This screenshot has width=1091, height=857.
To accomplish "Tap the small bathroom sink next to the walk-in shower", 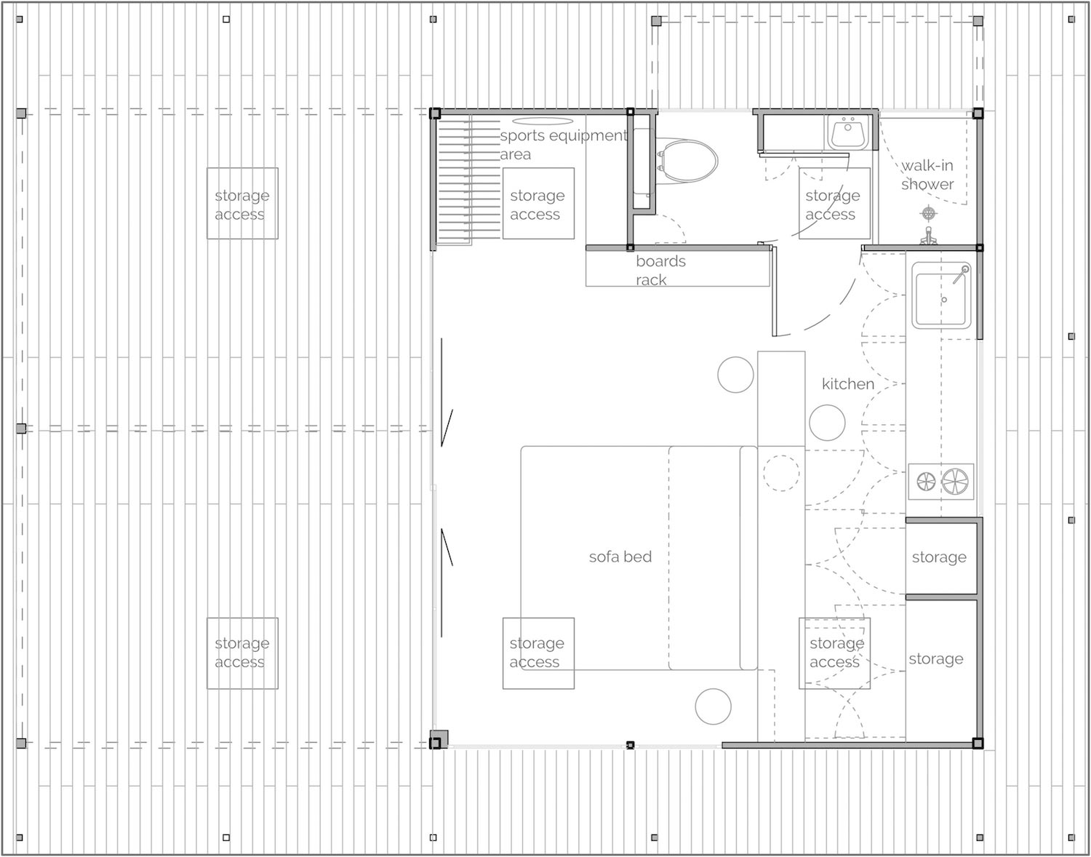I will coord(847,133).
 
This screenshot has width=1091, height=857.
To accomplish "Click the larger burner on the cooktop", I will coord(955,482).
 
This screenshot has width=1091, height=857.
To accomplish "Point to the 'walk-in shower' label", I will coord(927,175).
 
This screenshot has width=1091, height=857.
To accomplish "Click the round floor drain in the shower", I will coord(929,212).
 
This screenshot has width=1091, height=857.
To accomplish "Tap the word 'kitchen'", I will coord(847,383).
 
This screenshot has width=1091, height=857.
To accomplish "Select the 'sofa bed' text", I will coord(620,557).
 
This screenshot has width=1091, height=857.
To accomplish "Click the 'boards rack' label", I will coord(660,270).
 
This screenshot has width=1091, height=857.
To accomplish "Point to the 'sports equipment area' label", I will coord(562,144).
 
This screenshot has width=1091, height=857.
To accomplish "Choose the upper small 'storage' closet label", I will coord(939,557).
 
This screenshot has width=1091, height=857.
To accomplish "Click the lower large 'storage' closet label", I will coord(936,658).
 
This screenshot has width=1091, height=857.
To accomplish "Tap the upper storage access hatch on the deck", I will coord(242,204).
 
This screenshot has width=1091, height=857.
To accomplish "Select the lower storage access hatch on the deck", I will coord(242,653).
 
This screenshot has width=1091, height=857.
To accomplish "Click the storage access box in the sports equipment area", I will coord(538,204).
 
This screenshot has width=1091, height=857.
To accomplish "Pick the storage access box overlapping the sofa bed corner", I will coord(538,653).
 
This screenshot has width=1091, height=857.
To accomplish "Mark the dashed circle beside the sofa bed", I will coord(781,473).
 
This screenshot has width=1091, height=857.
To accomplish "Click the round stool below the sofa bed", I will coord(713,706).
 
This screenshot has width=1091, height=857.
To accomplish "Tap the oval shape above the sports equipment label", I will coord(543,121).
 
